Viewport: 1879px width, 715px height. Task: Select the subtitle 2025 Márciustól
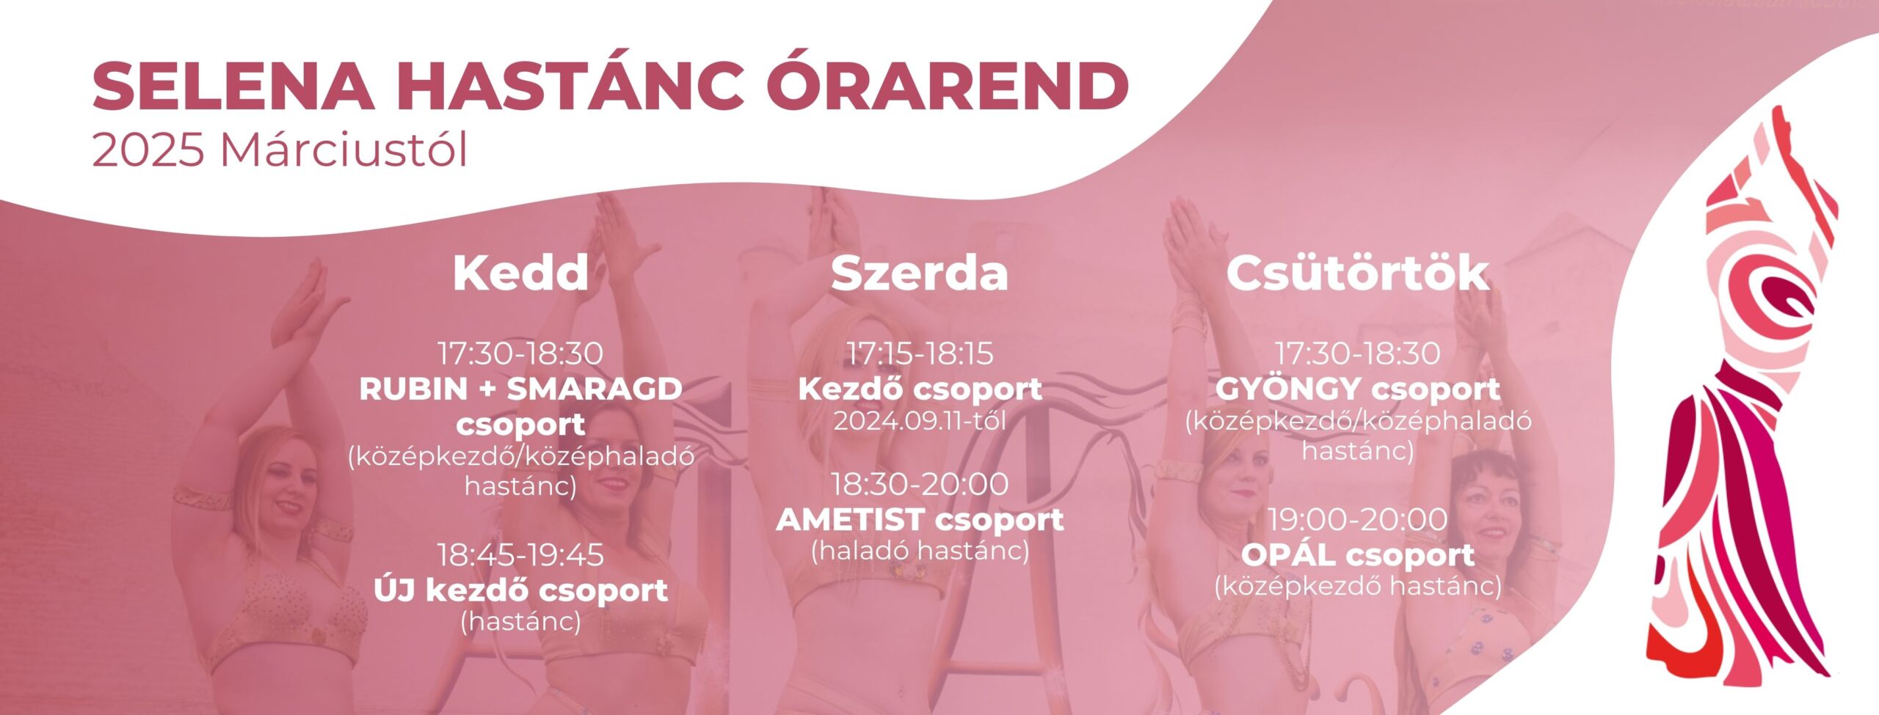pos(280,150)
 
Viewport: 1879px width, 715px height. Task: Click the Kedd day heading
pos(520,273)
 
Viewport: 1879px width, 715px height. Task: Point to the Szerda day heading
pos(920,273)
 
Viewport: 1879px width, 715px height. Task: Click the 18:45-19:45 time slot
pos(520,555)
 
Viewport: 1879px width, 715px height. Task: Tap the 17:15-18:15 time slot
pos(920,353)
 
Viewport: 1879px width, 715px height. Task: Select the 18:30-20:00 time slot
pos(920,484)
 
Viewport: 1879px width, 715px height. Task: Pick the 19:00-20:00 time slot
pos(1358,519)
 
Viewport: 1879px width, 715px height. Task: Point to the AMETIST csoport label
pos(920,520)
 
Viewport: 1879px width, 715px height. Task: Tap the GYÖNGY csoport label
pos(1358,389)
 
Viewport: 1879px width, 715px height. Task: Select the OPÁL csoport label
pos(1358,554)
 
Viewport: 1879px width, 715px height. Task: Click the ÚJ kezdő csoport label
pos(520,590)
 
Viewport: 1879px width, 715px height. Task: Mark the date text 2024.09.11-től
pos(920,421)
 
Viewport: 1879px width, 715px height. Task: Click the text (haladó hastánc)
pos(920,551)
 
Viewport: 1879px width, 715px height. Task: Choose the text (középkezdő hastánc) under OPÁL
pos(1358,586)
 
